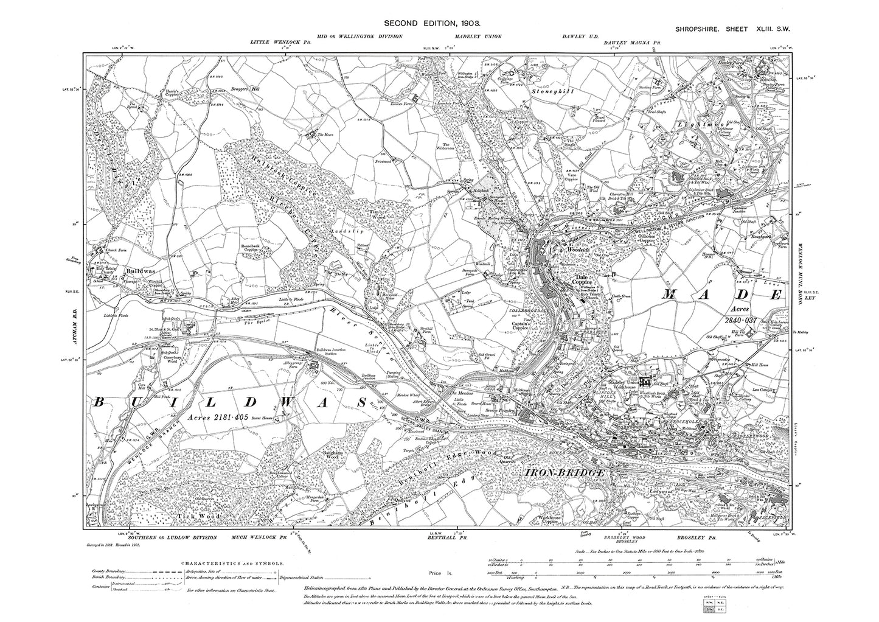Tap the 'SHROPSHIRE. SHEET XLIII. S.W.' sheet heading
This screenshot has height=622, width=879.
point(735,29)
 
